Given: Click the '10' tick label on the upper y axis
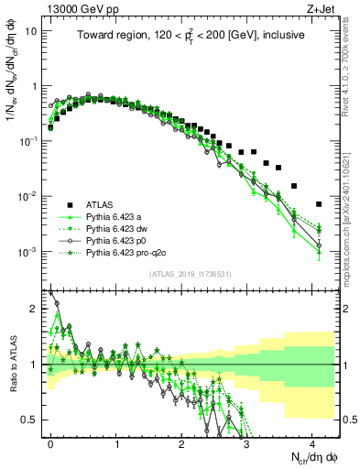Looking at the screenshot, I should [x=32, y=30].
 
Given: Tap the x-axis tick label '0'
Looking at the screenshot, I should [x=50, y=442].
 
